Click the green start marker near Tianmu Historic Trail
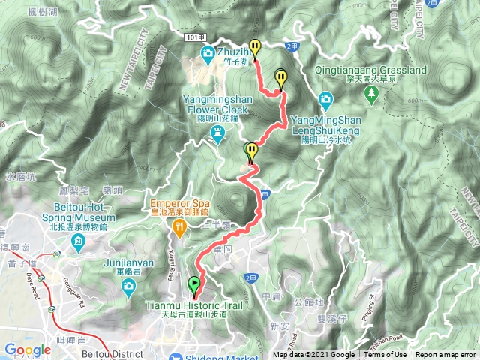point(195,285)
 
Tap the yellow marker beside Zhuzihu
point(255,48)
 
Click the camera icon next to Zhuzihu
point(207,52)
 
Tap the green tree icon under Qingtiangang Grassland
point(371,93)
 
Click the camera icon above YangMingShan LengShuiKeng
point(325,99)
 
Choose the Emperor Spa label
point(178,202)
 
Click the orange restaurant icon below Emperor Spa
point(179,226)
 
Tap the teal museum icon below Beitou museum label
point(79,241)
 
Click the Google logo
point(28,349)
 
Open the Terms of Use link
point(385,355)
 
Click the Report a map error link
point(446,355)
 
